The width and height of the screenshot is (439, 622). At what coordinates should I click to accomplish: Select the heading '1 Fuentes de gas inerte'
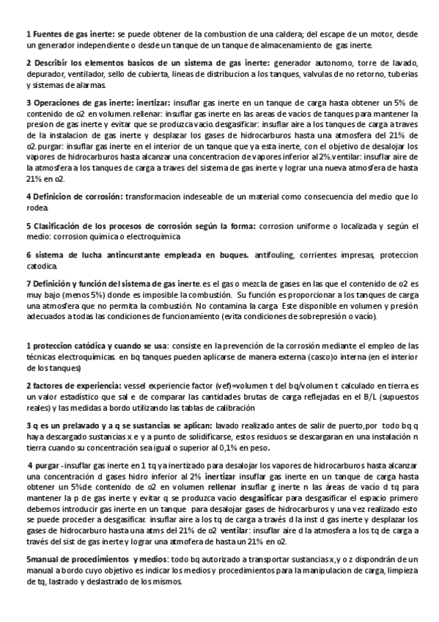pos(70,34)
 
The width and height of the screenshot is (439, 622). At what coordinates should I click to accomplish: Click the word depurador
pos(45,74)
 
